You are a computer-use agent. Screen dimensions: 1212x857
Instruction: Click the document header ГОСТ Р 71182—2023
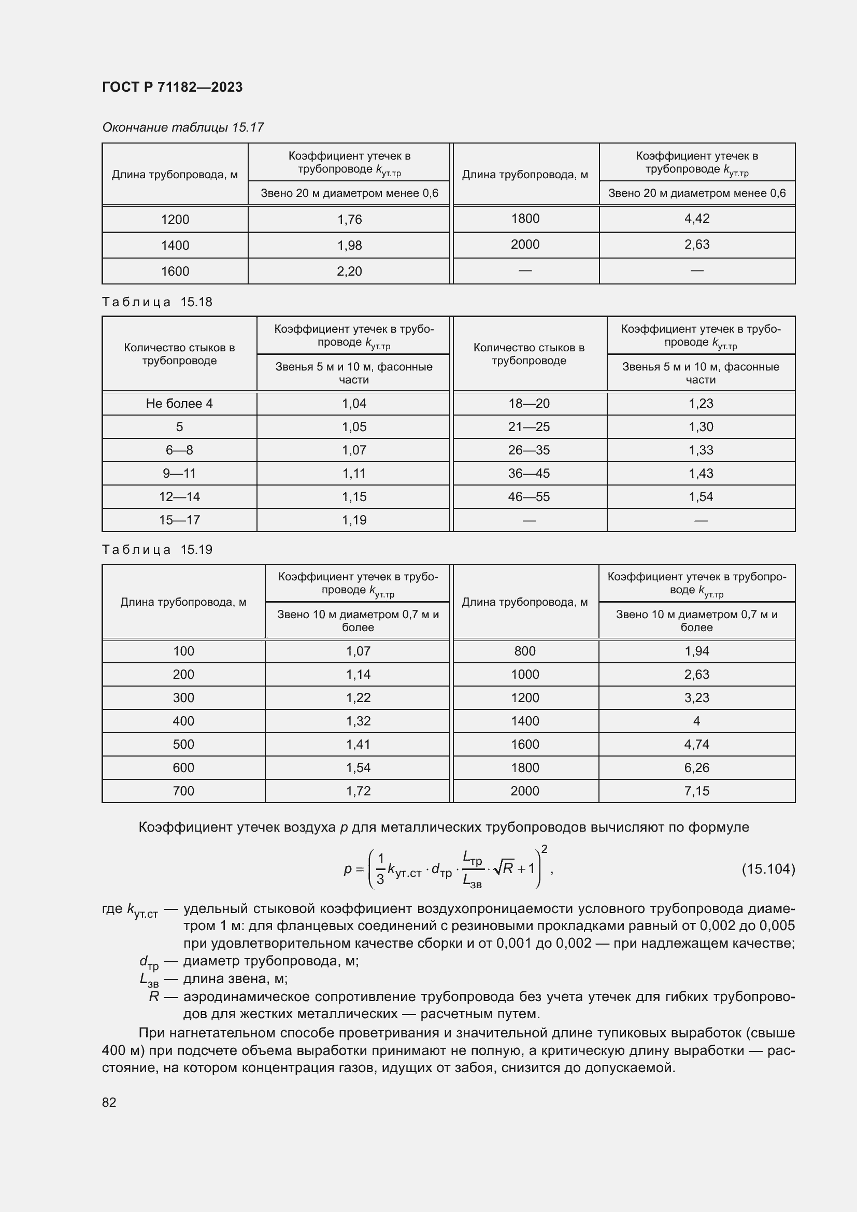tap(172, 87)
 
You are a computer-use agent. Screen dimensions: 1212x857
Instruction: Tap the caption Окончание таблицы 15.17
tap(182, 127)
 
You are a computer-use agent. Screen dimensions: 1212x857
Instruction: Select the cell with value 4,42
tap(696, 219)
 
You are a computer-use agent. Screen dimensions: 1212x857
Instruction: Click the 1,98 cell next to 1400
tap(349, 246)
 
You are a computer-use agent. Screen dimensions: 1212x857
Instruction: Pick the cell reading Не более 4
tap(179, 404)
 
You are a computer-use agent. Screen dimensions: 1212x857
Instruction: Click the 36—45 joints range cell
tap(529, 474)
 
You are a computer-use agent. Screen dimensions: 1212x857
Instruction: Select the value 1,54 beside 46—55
tap(701, 497)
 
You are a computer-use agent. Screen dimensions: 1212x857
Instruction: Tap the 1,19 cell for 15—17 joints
tap(353, 520)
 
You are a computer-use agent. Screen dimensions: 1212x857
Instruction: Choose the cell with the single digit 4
tap(696, 721)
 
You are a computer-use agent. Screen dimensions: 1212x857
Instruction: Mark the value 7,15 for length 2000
tap(696, 791)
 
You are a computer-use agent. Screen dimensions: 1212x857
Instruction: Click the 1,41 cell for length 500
tap(358, 744)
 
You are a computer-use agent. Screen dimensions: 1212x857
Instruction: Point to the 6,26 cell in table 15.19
tap(696, 767)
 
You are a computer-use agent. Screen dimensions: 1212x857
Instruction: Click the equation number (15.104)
tap(768, 868)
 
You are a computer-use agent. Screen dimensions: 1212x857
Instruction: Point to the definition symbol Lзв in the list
tap(149, 980)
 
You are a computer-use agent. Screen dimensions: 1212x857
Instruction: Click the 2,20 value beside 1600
tap(349, 272)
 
